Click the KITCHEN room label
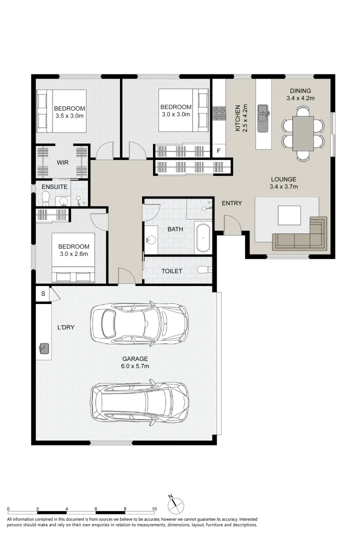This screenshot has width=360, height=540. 237,118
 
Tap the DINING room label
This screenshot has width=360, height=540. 300,91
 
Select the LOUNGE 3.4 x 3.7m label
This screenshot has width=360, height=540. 283,183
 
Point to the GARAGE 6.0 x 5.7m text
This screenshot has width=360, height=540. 135,362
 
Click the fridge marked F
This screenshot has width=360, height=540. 218,151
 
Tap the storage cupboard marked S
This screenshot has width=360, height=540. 43,294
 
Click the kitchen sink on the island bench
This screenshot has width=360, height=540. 264,118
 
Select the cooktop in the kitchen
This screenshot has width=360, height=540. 219,113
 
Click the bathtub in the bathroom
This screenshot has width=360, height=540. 202,238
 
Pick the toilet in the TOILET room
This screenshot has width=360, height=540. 205,269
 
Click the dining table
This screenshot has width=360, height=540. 303,133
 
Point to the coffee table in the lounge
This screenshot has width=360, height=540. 289,215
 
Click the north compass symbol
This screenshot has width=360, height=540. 175,505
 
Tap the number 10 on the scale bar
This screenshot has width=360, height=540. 154,509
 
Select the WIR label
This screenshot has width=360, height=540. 62,162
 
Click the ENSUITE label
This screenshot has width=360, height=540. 54,186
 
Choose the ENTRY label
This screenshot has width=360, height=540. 232,203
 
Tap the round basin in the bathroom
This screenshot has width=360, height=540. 150,238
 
